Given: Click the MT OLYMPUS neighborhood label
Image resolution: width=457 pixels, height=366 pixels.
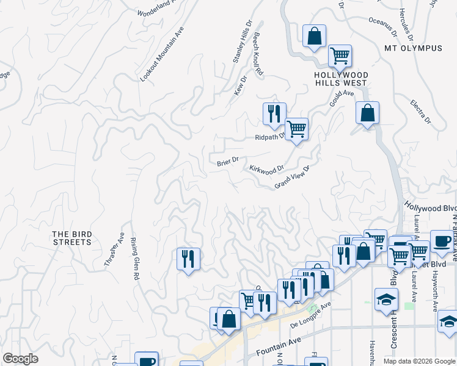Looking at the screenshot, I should [412, 48].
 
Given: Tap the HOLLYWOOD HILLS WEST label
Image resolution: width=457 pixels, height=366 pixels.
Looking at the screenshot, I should [340, 79].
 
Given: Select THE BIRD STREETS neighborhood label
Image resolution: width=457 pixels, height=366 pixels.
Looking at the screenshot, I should [71, 238].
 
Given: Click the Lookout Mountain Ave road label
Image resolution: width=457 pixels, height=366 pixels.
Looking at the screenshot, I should [162, 55].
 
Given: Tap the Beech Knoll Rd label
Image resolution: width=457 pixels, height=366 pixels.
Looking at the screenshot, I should [258, 54].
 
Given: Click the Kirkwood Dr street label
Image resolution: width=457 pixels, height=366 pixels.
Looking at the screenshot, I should [266, 169].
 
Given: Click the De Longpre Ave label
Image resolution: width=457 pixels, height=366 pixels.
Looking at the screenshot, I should [310, 314].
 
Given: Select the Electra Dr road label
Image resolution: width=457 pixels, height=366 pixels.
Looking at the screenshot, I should [421, 112].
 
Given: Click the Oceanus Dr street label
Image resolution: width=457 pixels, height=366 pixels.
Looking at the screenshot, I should [382, 25].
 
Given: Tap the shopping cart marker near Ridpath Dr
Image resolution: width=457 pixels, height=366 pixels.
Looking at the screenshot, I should [296, 129].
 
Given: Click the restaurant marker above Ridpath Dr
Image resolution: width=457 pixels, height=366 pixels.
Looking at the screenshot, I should [274, 113].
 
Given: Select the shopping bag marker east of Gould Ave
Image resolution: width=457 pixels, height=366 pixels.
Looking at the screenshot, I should [367, 113].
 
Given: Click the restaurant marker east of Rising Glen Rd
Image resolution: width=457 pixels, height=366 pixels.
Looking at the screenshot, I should [188, 259].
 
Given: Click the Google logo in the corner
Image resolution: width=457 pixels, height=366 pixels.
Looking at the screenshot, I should [20, 359].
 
